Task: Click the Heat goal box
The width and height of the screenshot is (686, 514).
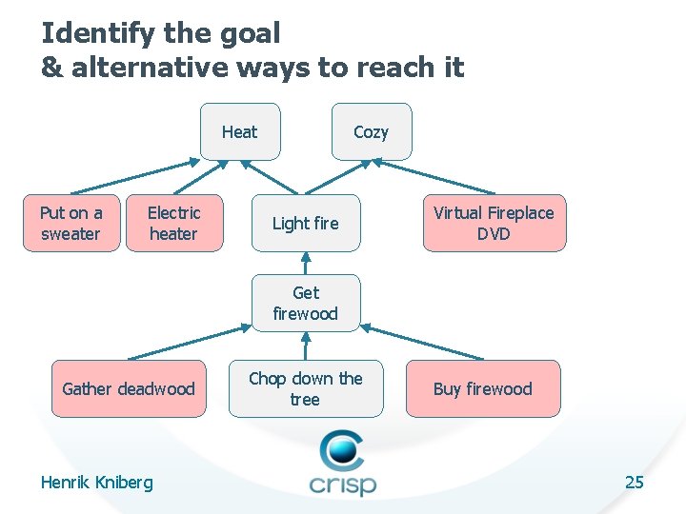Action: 240,131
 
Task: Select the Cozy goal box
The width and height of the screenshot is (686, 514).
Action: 371,131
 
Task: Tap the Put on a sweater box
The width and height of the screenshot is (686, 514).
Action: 71,224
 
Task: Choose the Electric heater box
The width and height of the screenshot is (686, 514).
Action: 173,224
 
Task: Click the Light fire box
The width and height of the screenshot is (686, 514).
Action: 305,224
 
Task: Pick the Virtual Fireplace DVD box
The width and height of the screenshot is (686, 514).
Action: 494,224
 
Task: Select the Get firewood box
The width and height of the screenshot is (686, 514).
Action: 305,303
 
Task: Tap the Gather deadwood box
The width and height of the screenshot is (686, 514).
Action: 128,388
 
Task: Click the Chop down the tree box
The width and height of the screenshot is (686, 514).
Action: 305,388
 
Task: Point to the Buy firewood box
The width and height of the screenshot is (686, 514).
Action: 482,388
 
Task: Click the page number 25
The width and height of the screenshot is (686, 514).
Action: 634,482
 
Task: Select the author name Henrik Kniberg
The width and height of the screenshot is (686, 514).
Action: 96,483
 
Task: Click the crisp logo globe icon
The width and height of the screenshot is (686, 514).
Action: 341,449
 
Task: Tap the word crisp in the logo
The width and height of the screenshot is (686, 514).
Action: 342,483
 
